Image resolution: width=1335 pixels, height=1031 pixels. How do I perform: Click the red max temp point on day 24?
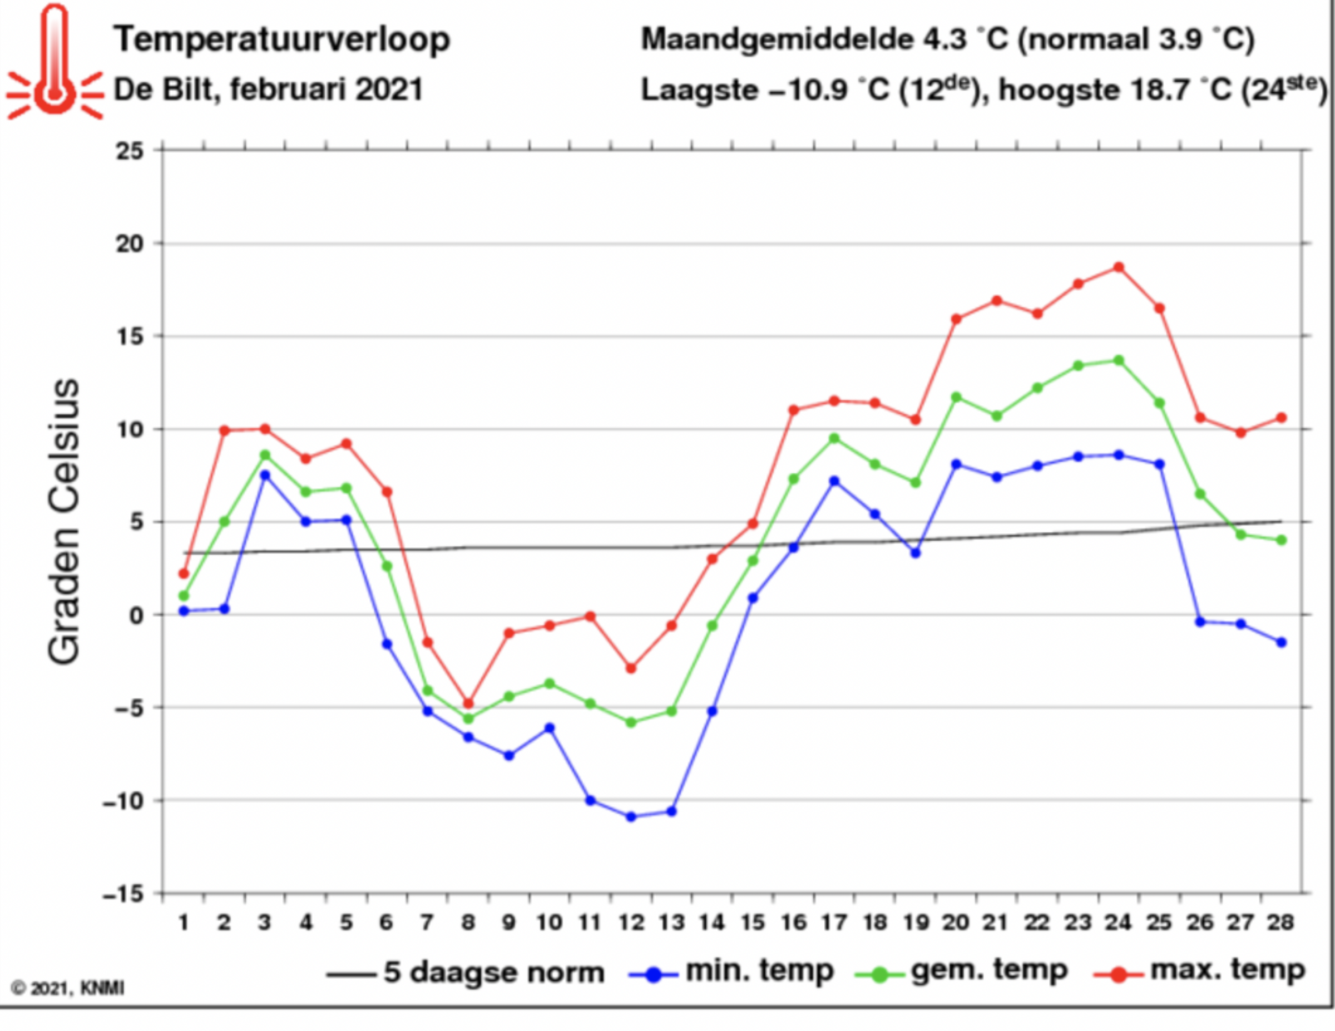click(1119, 267)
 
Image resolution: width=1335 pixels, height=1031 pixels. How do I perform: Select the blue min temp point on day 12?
click(631, 816)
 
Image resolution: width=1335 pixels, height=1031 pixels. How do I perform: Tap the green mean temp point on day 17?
click(834, 438)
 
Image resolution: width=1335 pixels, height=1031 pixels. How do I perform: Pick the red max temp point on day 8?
click(469, 703)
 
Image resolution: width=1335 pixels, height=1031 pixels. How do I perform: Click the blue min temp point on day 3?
click(265, 475)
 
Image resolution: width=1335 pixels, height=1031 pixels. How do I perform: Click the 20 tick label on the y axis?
click(129, 244)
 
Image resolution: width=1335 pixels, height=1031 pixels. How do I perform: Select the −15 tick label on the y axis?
click(123, 895)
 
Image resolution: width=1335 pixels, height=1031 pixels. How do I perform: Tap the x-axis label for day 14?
click(712, 922)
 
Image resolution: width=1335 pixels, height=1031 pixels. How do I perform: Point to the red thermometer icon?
click(55, 64)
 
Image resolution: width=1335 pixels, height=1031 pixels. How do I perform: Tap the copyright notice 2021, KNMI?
click(68, 988)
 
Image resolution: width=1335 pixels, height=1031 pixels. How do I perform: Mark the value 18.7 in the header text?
click(1162, 91)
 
